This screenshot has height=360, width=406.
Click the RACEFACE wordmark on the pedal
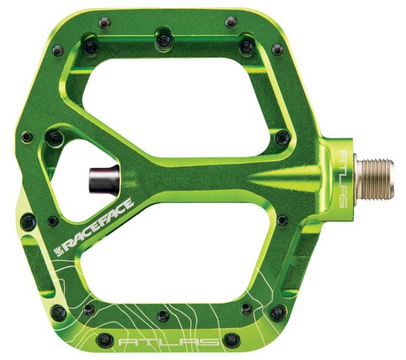pyautogui.click(x=99, y=225)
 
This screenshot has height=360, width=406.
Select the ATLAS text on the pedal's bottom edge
pyautogui.click(x=169, y=342)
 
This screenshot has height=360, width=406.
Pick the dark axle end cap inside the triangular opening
pyautogui.click(x=104, y=180)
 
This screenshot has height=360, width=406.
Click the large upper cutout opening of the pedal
pyautogui.click(x=176, y=106)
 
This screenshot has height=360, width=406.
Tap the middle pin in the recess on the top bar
pyautogui.click(x=163, y=41)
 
